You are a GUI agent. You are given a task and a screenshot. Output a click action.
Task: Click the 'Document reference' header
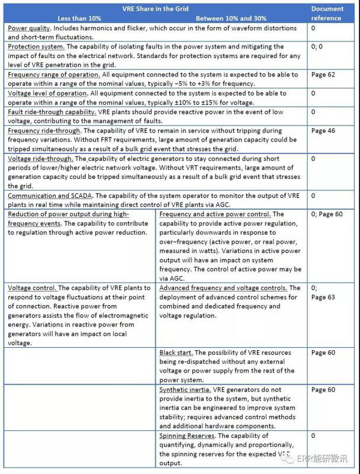(x=327, y=13)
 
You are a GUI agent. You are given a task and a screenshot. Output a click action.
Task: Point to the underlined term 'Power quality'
(x=29, y=28)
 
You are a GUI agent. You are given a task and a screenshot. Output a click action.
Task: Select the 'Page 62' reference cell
(x=323, y=75)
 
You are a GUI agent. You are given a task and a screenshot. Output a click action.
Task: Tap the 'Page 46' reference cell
(x=323, y=130)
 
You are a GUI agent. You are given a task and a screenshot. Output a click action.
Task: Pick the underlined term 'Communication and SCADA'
(x=52, y=195)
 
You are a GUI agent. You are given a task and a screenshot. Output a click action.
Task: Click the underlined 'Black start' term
(x=176, y=353)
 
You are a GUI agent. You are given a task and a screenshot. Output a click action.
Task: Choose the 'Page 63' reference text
(x=323, y=297)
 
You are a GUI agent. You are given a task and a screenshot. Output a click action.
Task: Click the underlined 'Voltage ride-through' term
(x=40, y=159)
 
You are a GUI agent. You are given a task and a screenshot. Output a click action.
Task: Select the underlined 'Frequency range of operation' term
(x=54, y=75)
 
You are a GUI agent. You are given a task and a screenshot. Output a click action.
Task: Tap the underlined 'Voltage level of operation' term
(x=50, y=94)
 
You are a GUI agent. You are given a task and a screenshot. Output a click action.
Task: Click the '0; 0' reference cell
(x=317, y=46)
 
